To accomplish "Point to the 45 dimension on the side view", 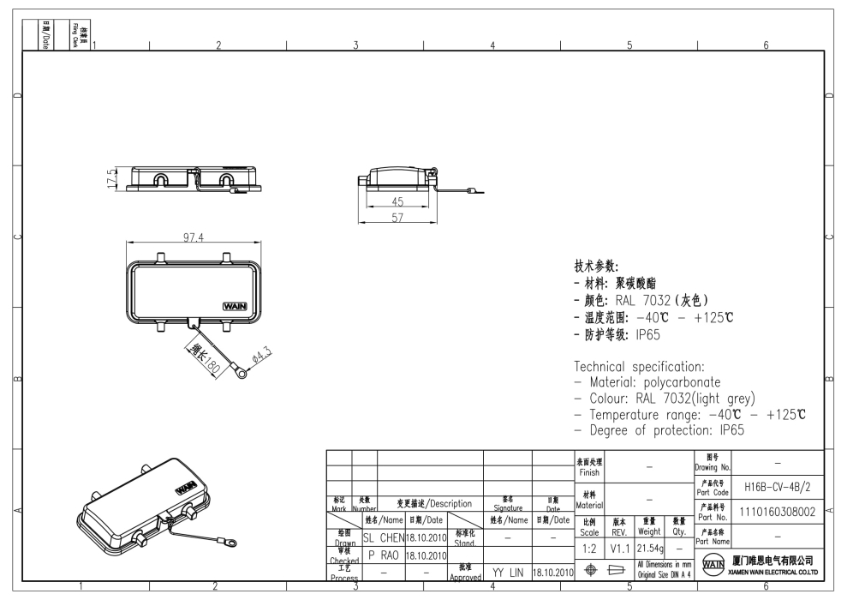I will [397, 202].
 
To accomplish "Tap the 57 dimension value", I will [397, 219].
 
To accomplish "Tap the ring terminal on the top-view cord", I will [243, 373].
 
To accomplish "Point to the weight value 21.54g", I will [649, 546].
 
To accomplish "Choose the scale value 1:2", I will [589, 546].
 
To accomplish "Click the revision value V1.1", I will [620, 546].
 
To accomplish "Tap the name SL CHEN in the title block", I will [382, 537].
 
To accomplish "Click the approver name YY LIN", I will [508, 571].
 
